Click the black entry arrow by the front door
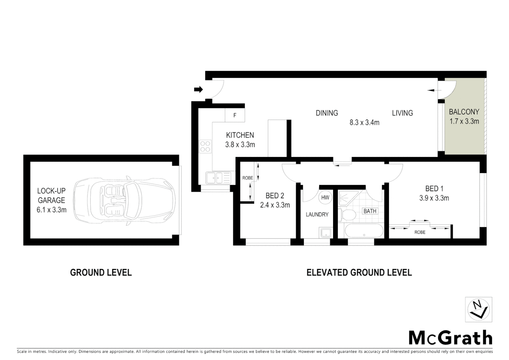[x=198, y=89]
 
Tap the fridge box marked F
[x=235, y=115]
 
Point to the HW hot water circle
[x=325, y=197]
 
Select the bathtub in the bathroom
[x=363, y=231]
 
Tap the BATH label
[x=370, y=211]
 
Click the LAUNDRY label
[x=317, y=215]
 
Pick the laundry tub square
[x=325, y=232]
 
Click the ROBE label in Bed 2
[x=248, y=178]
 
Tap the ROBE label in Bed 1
[x=420, y=232]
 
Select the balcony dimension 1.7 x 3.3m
[x=464, y=121]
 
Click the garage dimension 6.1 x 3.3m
[x=51, y=210]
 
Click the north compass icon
[x=478, y=309]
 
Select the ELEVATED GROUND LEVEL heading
[x=359, y=273]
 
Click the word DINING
[x=326, y=113]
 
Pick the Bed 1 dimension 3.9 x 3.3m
[x=434, y=198]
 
